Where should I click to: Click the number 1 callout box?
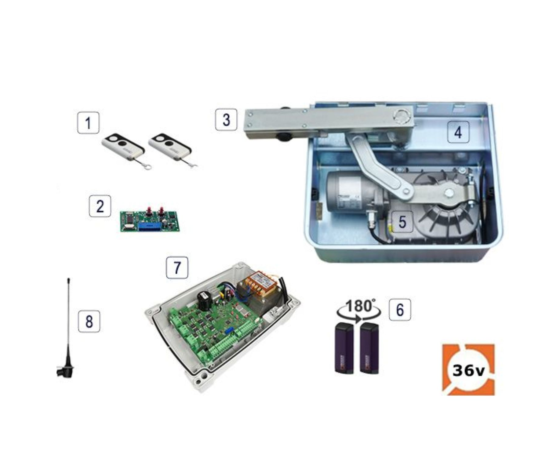[x=88, y=123]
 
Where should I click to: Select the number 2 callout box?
[x=100, y=206]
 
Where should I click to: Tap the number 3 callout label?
[x=226, y=119]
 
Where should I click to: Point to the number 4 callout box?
[x=458, y=132]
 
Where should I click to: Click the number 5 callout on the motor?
[x=402, y=222]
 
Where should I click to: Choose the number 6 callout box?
[x=400, y=310]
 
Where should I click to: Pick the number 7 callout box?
[x=177, y=267]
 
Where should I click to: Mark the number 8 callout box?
[x=89, y=321]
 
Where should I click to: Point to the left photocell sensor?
[x=344, y=348]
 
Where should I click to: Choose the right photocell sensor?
[x=369, y=348]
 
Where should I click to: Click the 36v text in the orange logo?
[x=468, y=371]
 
